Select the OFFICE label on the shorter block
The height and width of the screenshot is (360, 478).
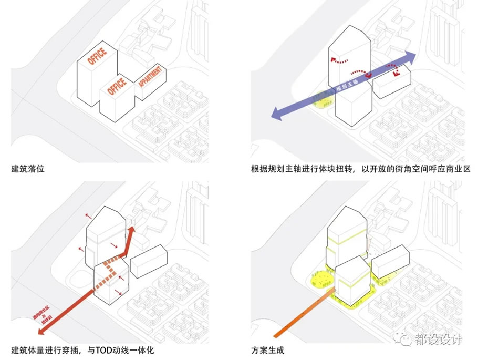click(117, 86)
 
